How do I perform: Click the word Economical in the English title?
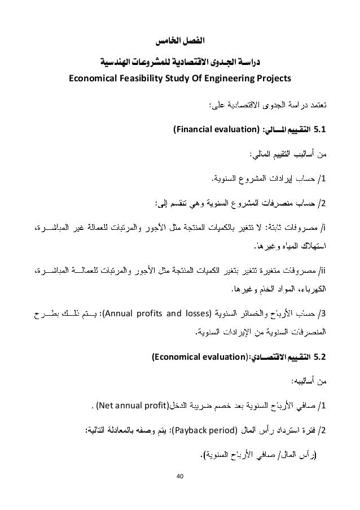click(93, 79)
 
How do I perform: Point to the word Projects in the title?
click(275, 79)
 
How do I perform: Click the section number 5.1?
click(320, 132)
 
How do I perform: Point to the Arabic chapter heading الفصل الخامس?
click(180, 42)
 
